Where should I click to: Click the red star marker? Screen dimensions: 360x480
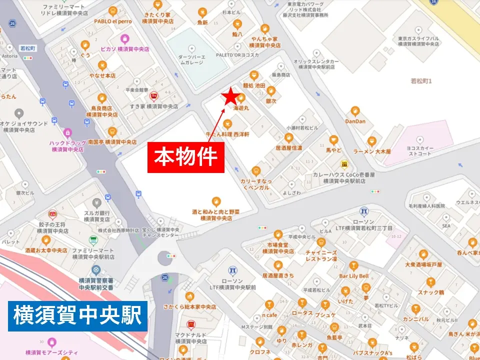230,96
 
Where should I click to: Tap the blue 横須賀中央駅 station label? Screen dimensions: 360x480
77,316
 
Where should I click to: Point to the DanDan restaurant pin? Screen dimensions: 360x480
355,111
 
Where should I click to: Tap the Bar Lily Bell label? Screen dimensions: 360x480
353,276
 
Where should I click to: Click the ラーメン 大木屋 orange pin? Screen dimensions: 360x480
371,141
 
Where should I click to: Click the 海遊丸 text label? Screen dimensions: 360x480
241,108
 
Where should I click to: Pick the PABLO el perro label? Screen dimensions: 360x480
112,21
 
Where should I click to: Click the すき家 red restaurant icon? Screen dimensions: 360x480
153,95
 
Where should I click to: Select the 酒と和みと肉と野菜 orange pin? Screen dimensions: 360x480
216,201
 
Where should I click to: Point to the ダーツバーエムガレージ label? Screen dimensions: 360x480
192,59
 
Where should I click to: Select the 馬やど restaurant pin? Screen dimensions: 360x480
333,140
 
